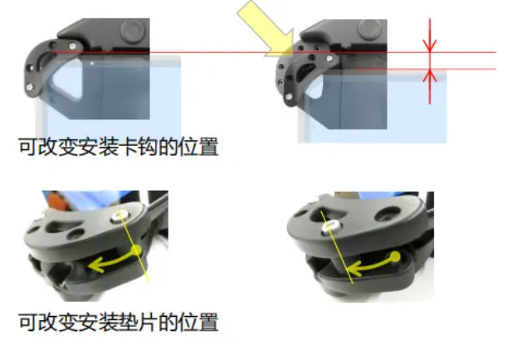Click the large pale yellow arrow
point(268,29)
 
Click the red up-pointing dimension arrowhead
point(430,75)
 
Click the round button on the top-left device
point(134,31)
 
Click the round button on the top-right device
point(370,29)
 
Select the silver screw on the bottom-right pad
point(330,226)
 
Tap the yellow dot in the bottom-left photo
point(136,251)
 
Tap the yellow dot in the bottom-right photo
point(395,257)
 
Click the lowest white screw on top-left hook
point(30,87)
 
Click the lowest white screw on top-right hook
point(289,96)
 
